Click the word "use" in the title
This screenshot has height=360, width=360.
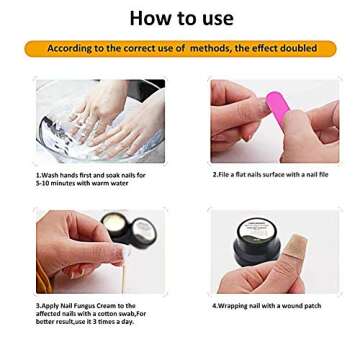pos(212,19)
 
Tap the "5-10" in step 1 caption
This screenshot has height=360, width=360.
pos(40,180)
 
